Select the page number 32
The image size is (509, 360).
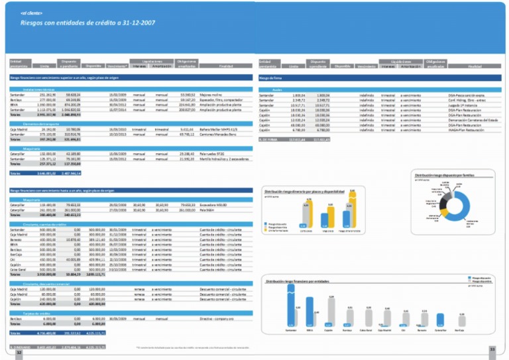point(19,353)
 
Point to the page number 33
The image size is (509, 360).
point(492,349)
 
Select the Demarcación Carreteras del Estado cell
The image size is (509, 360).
point(473,119)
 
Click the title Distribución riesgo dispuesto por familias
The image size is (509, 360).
point(442,175)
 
